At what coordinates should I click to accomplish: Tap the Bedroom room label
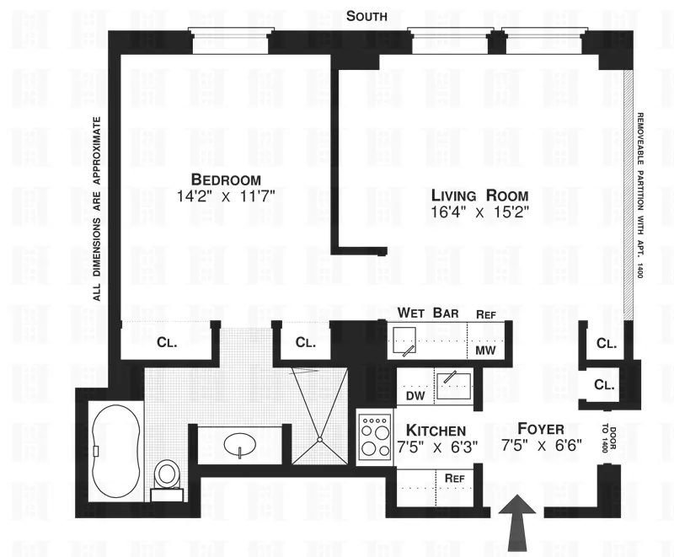(226, 179)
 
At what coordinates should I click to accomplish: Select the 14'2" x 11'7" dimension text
(226, 196)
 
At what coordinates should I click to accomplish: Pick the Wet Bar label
(428, 313)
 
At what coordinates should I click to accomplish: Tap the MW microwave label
(485, 350)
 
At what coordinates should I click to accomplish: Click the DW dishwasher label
(415, 395)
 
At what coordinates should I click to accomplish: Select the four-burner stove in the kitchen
(372, 437)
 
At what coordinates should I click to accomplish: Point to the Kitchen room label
(436, 431)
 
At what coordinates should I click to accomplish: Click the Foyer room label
(542, 429)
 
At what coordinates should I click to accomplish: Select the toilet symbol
(166, 474)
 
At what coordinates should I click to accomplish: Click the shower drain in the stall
(320, 436)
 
